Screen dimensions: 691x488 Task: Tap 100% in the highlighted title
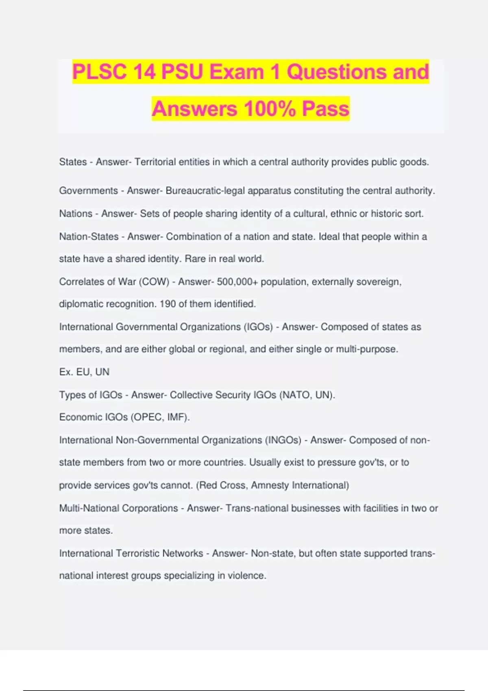pyautogui.click(x=270, y=109)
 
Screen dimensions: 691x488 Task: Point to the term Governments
pyautogui.click(x=88, y=191)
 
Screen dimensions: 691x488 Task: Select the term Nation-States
pyautogui.click(x=89, y=237)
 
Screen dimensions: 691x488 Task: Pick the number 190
pyautogui.click(x=168, y=304)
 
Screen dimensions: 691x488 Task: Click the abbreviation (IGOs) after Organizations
pyautogui.click(x=258, y=327)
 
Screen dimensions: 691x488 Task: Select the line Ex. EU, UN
pyautogui.click(x=84, y=372)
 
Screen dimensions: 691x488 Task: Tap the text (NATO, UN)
pyautogui.click(x=307, y=395)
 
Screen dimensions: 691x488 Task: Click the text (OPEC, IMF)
pyautogui.click(x=160, y=417)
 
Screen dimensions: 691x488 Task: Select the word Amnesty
pyautogui.click(x=270, y=485)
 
